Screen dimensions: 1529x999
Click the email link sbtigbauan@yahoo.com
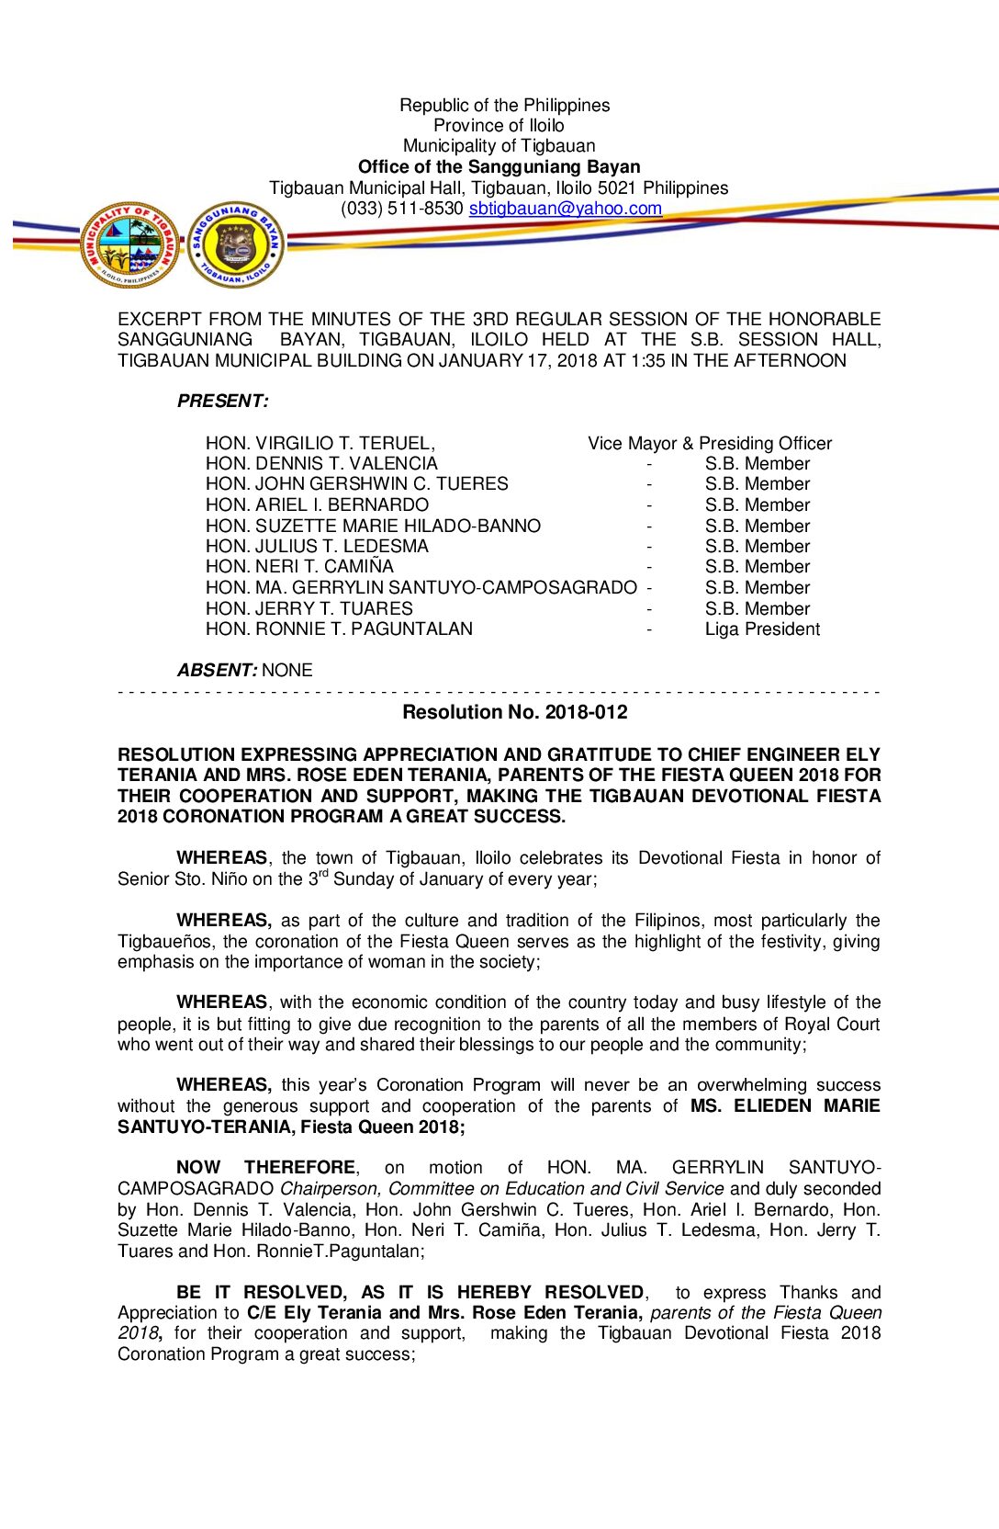(x=565, y=209)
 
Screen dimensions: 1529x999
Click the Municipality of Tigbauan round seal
(x=129, y=244)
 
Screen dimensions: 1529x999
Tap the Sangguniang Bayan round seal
(x=236, y=244)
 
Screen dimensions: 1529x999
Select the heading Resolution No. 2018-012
(x=514, y=712)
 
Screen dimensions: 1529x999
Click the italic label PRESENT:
(x=222, y=402)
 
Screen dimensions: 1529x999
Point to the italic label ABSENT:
(x=217, y=671)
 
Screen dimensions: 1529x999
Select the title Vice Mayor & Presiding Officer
(x=710, y=444)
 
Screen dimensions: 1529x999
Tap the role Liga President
(x=762, y=629)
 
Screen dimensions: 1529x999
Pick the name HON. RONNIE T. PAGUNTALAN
(x=339, y=629)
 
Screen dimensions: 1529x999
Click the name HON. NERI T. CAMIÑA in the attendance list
(x=299, y=567)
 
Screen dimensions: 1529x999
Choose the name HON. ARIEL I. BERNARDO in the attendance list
(x=317, y=505)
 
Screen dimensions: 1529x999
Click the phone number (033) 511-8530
(x=402, y=209)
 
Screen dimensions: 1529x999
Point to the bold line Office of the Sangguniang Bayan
(x=499, y=167)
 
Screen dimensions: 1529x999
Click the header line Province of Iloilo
(x=499, y=126)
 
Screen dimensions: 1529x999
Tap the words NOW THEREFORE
(x=265, y=1168)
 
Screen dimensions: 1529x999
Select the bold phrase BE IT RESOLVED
(x=262, y=1293)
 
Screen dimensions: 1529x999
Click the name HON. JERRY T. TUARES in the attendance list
(x=309, y=609)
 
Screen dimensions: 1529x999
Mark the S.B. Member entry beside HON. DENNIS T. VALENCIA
(x=758, y=464)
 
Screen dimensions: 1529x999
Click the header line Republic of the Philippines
(x=504, y=106)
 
